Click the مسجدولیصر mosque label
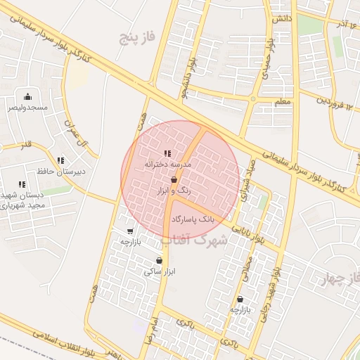(x=27, y=108)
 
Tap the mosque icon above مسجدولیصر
(x=27, y=96)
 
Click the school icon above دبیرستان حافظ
(x=60, y=161)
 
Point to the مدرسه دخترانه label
(x=167, y=164)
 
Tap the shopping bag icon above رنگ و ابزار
(x=174, y=180)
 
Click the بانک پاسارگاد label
(x=192, y=220)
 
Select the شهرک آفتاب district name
(x=194, y=240)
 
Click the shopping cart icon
(x=130, y=231)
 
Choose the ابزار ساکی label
(x=159, y=271)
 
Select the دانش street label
(x=282, y=18)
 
